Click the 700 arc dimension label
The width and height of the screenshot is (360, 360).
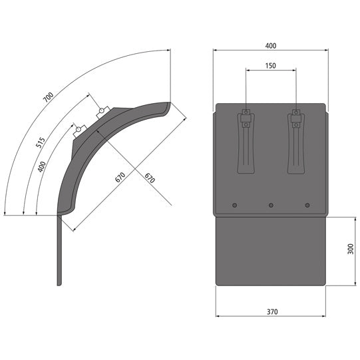coord(47,96)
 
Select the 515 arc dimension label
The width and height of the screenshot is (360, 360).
coord(41,142)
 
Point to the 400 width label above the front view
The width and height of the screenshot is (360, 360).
coord(270,46)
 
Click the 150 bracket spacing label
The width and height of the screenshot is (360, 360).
coord(270,65)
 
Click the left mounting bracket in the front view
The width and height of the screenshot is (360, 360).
coord(246,141)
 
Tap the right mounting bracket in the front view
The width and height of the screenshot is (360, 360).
coord(295,141)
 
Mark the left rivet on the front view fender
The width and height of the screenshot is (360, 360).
coord(234,205)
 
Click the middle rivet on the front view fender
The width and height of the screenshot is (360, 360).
coord(271,205)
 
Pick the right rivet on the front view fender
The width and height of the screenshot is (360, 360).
coord(307,205)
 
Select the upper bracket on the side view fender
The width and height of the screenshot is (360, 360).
coord(103,112)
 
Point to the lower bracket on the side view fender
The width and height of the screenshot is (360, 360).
coord(79,130)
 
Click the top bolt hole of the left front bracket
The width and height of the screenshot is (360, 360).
coord(246,111)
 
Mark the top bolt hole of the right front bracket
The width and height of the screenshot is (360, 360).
coord(295,111)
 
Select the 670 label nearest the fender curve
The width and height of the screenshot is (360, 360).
coord(120,177)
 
